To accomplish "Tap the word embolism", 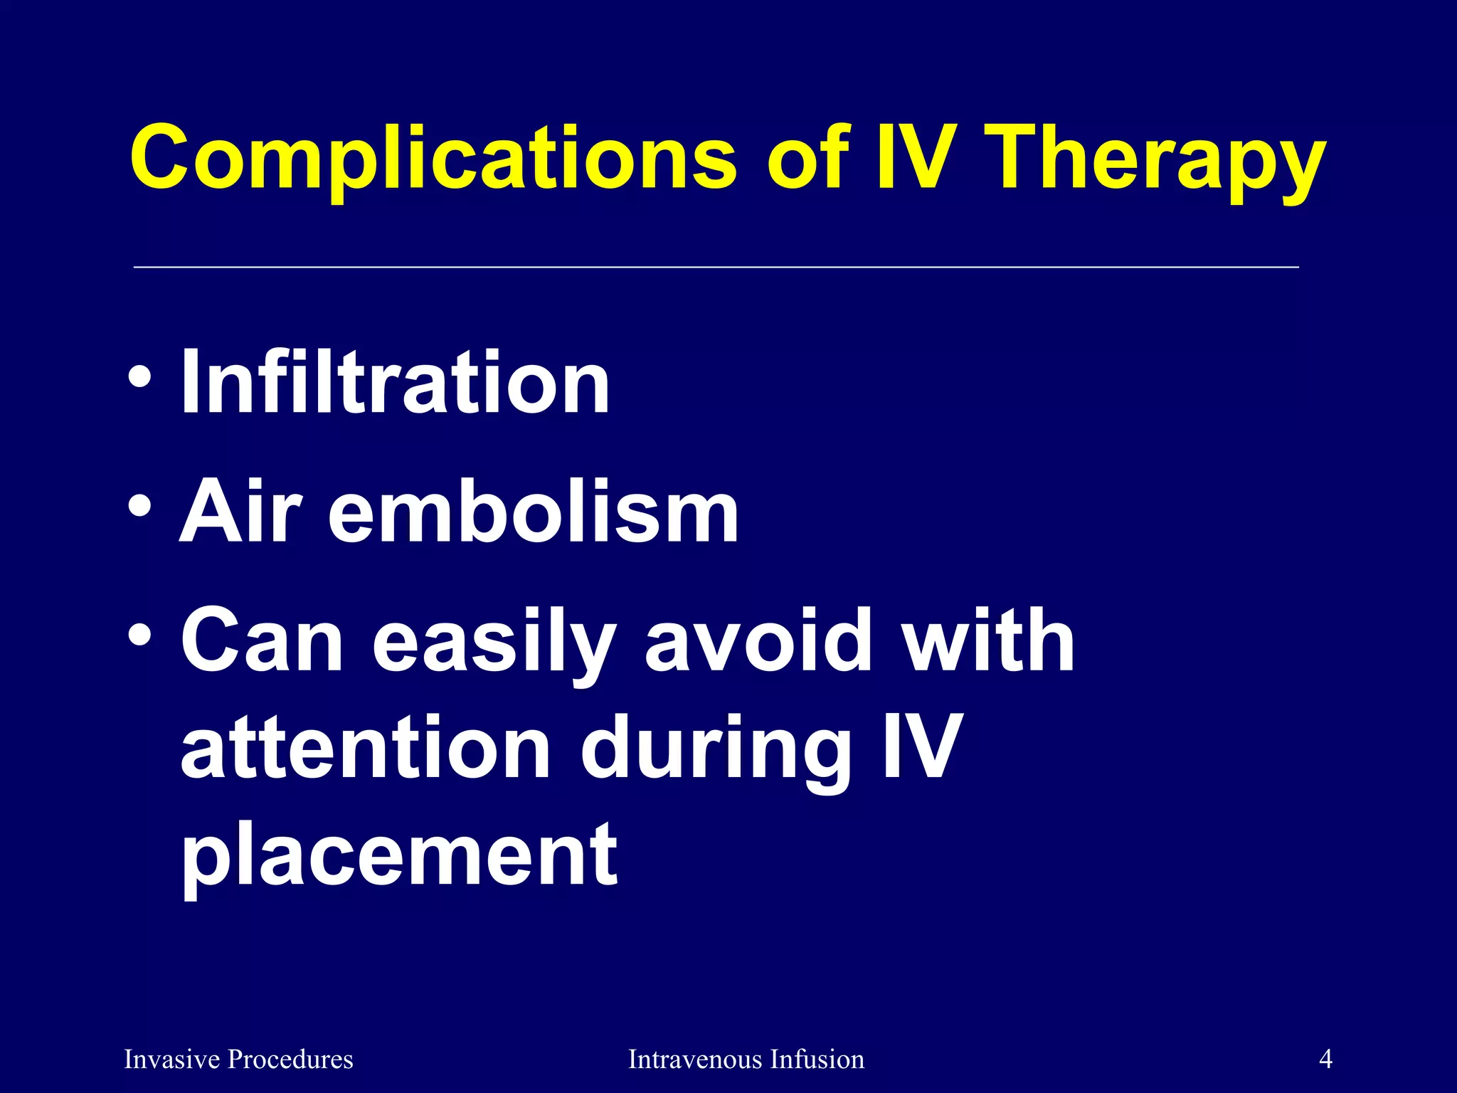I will click(533, 511).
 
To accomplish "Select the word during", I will click(715, 751).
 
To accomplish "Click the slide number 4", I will click(1325, 1059).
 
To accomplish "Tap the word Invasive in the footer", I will click(171, 1060).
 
